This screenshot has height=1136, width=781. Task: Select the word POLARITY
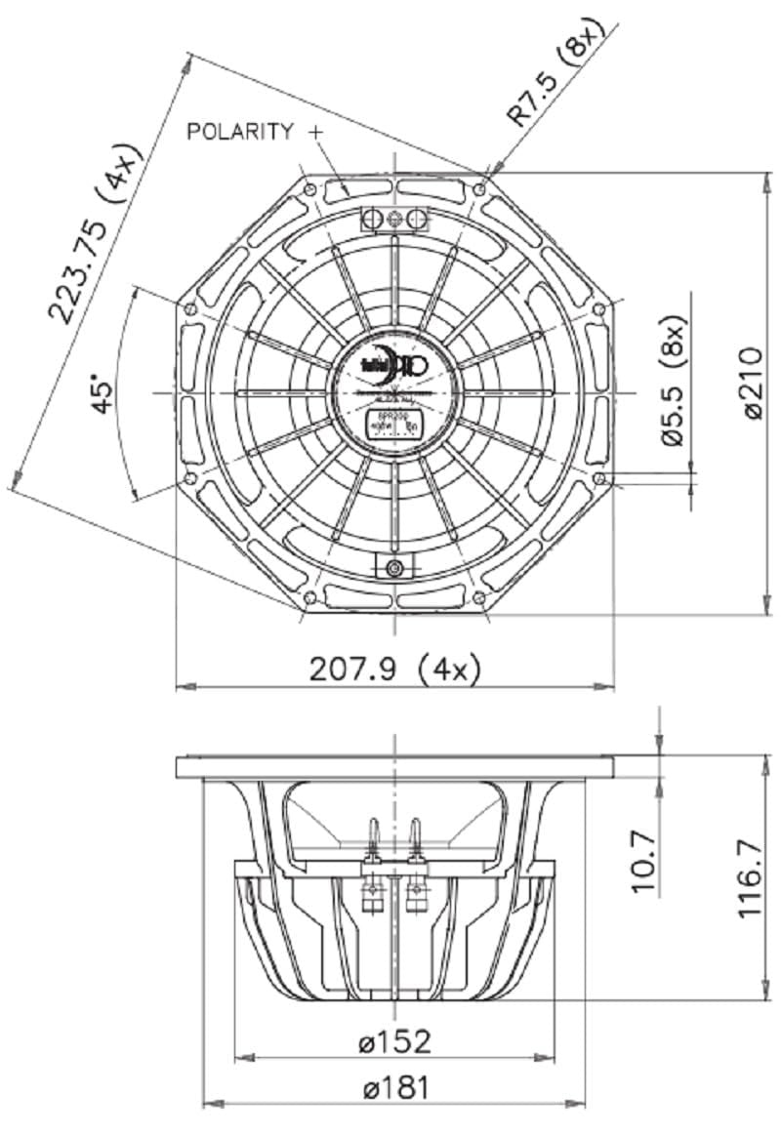[x=239, y=131]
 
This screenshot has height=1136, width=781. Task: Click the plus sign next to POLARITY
[x=314, y=131]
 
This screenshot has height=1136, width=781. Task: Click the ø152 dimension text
[x=394, y=1041]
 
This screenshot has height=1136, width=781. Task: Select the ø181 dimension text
[x=394, y=1088]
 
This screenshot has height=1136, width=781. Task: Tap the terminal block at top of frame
[x=394, y=218]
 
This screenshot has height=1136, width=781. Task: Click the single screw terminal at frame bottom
[x=394, y=568]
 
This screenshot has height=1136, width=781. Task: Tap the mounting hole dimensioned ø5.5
[x=599, y=478]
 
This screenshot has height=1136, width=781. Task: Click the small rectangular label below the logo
[x=394, y=426]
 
